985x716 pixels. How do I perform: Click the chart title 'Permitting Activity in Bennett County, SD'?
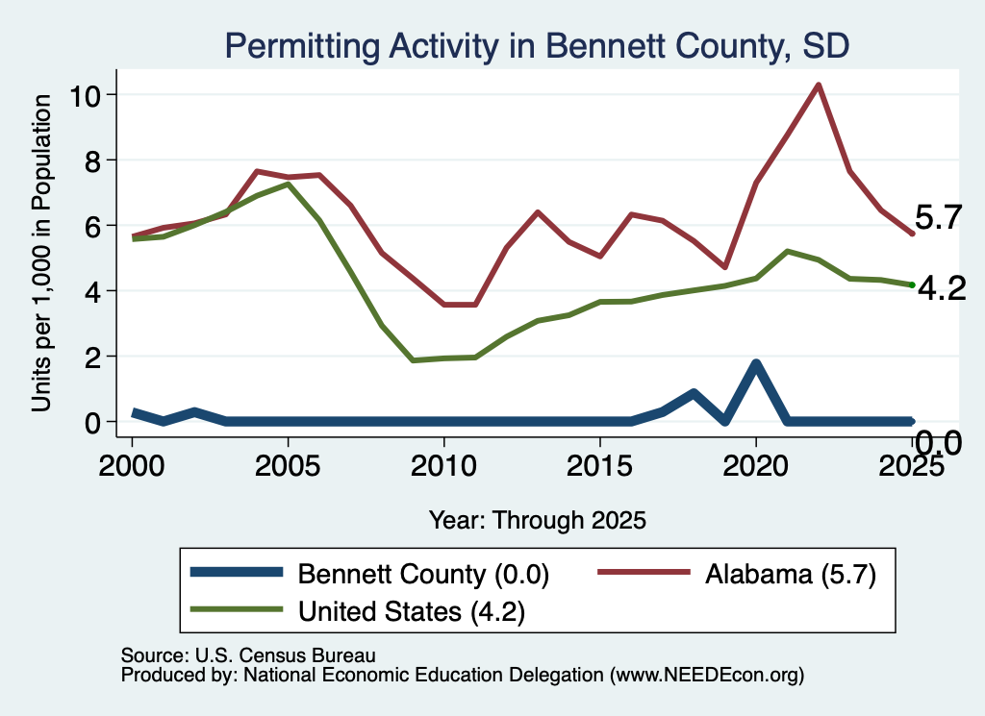537,46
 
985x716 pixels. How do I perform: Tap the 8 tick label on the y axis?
93,160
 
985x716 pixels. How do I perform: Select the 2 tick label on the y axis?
93,358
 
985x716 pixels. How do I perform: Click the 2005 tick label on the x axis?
288,466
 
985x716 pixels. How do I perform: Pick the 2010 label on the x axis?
444,466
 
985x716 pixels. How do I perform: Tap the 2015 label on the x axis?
600,466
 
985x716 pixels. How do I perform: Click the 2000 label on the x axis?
132,466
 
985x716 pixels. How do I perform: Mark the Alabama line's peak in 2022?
819,85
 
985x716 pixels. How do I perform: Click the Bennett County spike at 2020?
756,363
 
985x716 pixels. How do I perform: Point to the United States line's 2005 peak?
288,184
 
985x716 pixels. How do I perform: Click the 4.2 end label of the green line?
942,288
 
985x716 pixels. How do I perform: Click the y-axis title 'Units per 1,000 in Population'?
40,253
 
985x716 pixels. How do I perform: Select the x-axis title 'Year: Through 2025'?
537,520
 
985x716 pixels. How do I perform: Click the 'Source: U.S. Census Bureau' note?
248,655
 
